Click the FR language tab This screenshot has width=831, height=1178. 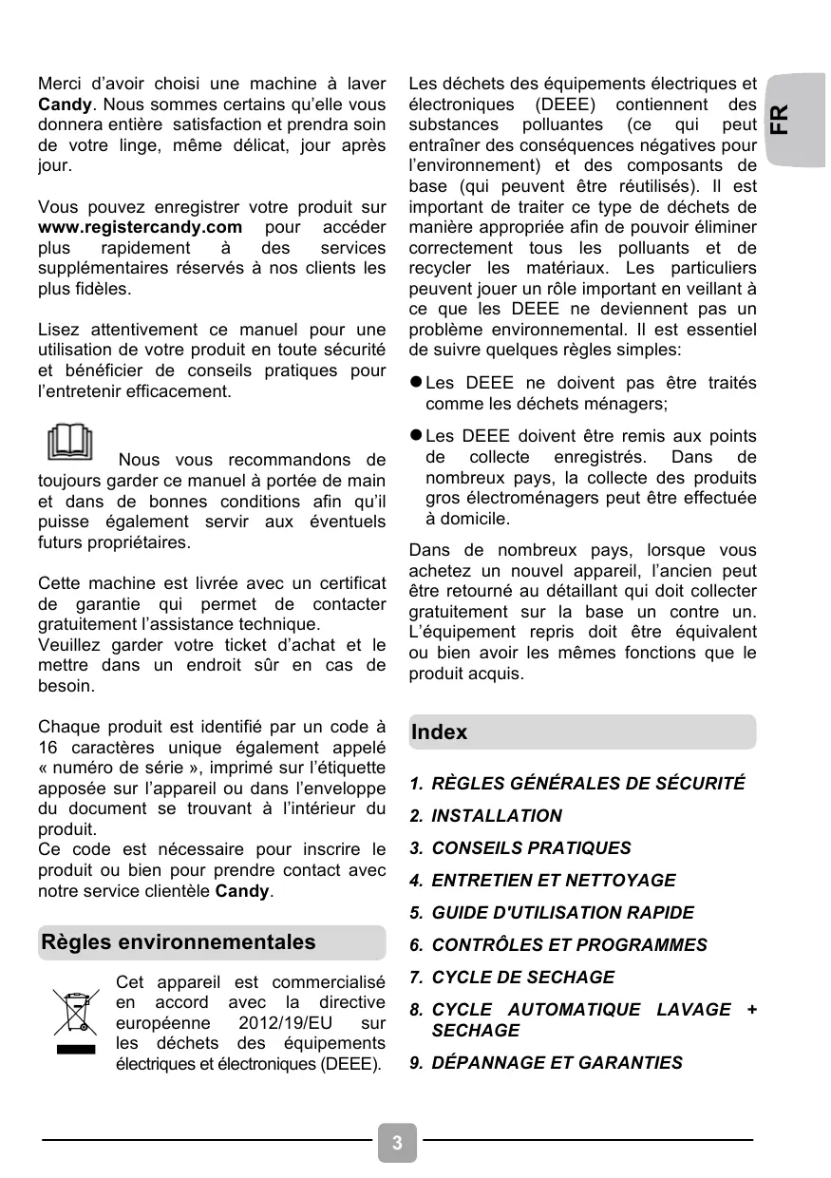click(778, 119)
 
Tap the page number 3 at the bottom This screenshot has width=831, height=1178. click(397, 1142)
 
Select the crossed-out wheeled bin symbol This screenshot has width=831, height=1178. click(75, 1013)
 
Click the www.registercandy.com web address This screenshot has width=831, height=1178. click(140, 228)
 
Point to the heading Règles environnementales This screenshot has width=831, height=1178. click(179, 942)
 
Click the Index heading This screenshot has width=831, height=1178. click(440, 732)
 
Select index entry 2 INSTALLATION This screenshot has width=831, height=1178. click(496, 816)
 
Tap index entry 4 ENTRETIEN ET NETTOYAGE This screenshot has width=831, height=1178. click(553, 881)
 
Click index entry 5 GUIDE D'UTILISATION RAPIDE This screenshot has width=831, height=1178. click(562, 913)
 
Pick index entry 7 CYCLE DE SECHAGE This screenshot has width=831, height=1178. click(522, 978)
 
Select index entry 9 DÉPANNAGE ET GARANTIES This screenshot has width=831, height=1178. click(557, 1063)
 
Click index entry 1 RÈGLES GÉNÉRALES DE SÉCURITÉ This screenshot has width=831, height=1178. click(588, 784)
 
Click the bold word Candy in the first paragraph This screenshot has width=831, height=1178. click(65, 104)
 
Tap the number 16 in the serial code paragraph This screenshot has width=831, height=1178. click(47, 746)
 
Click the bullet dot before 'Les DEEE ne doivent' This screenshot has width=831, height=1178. click(415, 383)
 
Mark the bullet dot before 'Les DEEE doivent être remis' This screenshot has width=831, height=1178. click(415, 435)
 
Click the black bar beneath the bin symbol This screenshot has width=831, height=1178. click(76, 1050)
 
